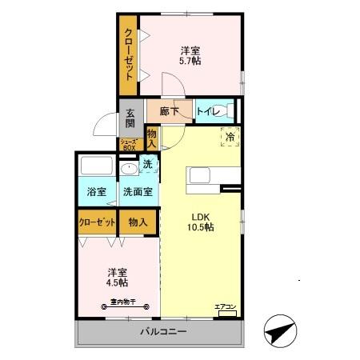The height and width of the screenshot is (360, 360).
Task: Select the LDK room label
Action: point(201,216)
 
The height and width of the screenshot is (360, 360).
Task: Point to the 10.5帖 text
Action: point(201,227)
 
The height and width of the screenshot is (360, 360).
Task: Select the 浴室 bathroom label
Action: point(97,193)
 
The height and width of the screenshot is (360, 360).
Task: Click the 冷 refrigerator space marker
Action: point(230,138)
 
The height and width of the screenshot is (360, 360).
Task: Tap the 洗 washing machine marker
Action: point(147,165)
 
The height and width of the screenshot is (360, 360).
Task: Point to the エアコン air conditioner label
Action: point(225,306)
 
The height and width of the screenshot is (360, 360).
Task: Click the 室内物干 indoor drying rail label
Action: point(118,302)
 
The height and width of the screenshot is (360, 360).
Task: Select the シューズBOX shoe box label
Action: point(130,145)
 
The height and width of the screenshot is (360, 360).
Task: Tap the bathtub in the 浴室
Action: point(97,169)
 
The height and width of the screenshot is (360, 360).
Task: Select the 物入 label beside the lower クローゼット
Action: point(138,222)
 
